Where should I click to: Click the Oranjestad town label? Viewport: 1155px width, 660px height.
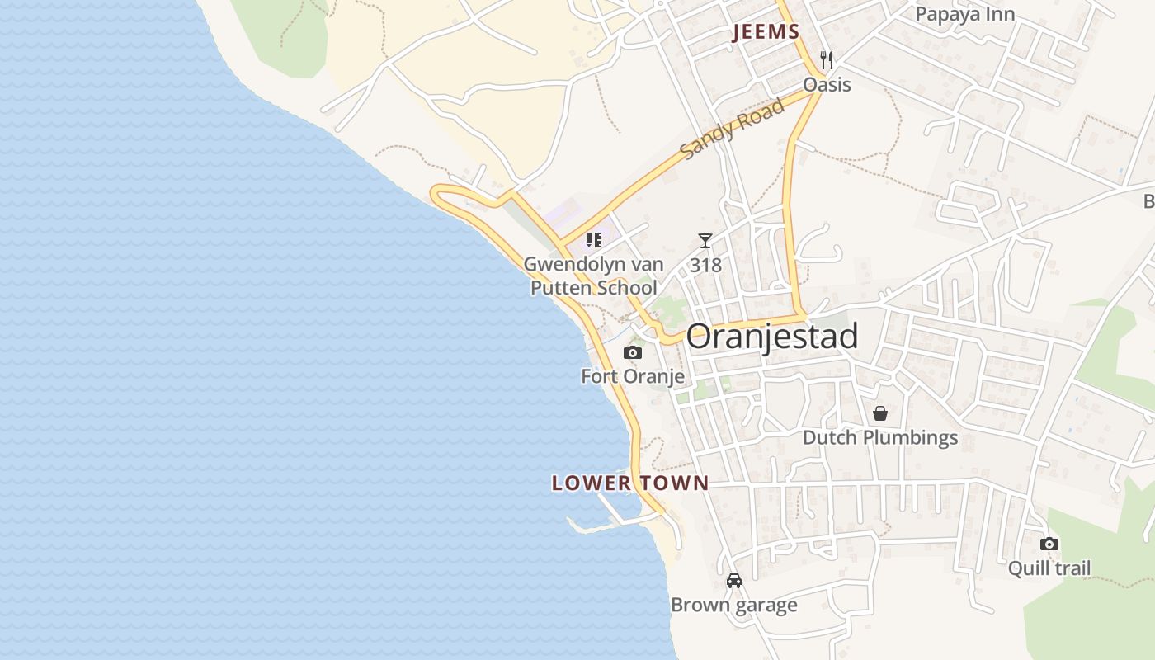tap(771, 337)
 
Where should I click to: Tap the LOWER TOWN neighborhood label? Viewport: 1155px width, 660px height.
tap(630, 483)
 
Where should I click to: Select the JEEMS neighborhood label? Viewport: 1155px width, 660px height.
tap(766, 33)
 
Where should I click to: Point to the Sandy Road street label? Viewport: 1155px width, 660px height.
tap(733, 129)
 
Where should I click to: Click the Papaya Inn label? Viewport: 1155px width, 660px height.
tap(965, 14)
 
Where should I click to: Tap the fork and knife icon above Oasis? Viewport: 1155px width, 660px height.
tap(827, 60)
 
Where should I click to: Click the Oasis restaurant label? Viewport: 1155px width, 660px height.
tap(827, 85)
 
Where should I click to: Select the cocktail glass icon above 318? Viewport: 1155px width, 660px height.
tap(705, 241)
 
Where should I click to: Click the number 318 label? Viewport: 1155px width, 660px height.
tap(705, 265)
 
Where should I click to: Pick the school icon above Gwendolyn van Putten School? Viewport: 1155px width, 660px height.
tap(593, 240)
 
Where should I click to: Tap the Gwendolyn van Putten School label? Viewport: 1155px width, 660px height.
tap(593, 276)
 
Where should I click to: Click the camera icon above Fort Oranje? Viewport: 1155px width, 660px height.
tap(633, 352)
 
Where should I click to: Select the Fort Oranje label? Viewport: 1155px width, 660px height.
tap(633, 377)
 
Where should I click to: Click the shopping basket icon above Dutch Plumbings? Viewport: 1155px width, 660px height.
tap(880, 412)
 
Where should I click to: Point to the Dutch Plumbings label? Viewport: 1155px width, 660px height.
tap(880, 437)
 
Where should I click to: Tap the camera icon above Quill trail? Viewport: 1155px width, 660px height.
tap(1049, 544)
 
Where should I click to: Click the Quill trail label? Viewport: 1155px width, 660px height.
tap(1049, 568)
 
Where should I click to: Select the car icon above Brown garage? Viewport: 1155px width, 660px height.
tap(734, 581)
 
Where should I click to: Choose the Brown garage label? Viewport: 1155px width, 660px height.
tap(734, 606)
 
